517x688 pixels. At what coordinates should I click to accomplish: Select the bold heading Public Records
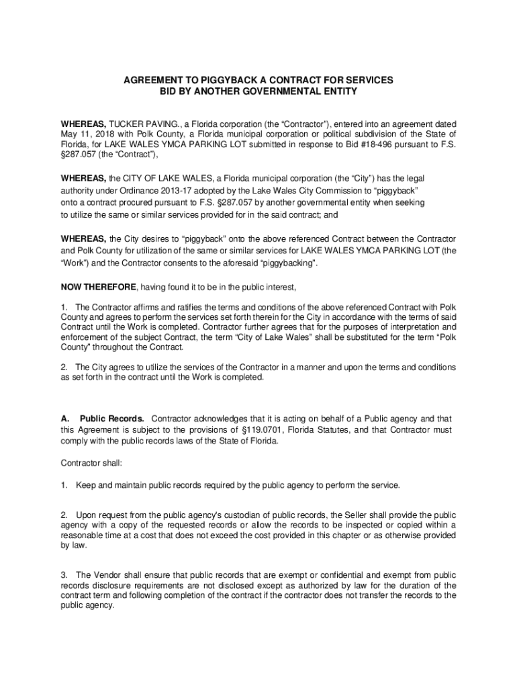[111, 419]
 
